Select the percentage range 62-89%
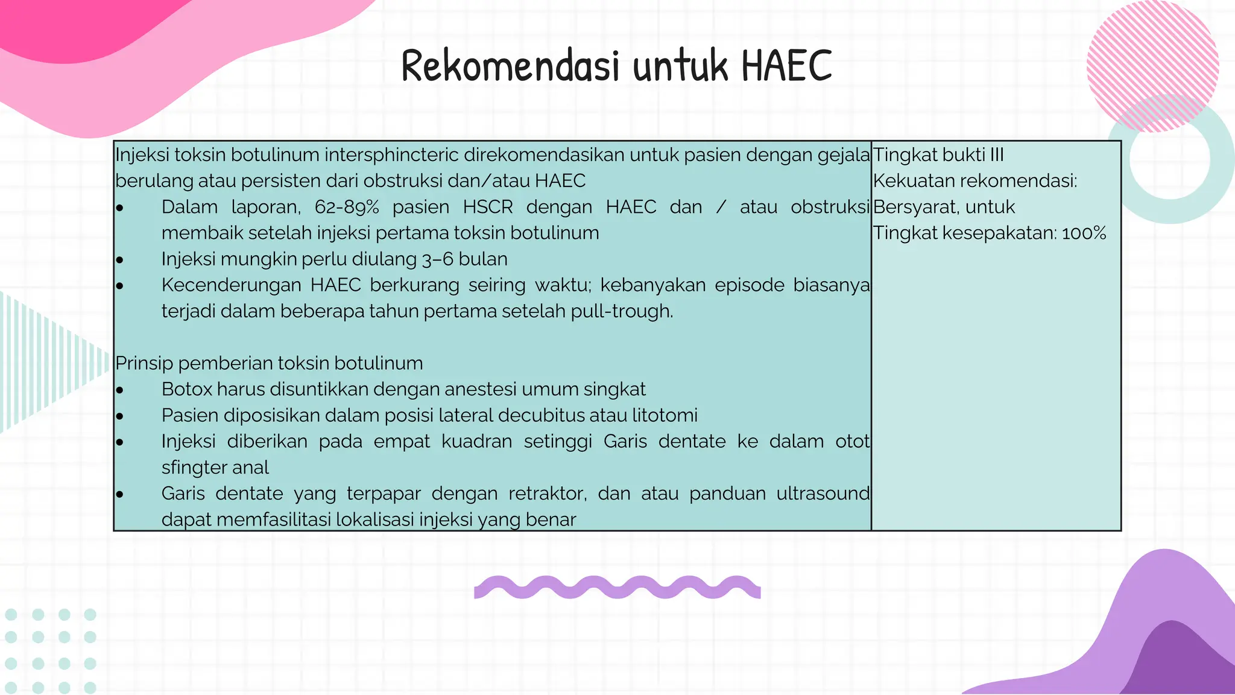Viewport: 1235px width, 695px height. (x=347, y=207)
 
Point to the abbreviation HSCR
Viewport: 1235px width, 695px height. (x=488, y=207)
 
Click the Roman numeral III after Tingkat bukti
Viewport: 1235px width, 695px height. (x=997, y=155)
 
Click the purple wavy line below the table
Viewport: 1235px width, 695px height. (x=617, y=587)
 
